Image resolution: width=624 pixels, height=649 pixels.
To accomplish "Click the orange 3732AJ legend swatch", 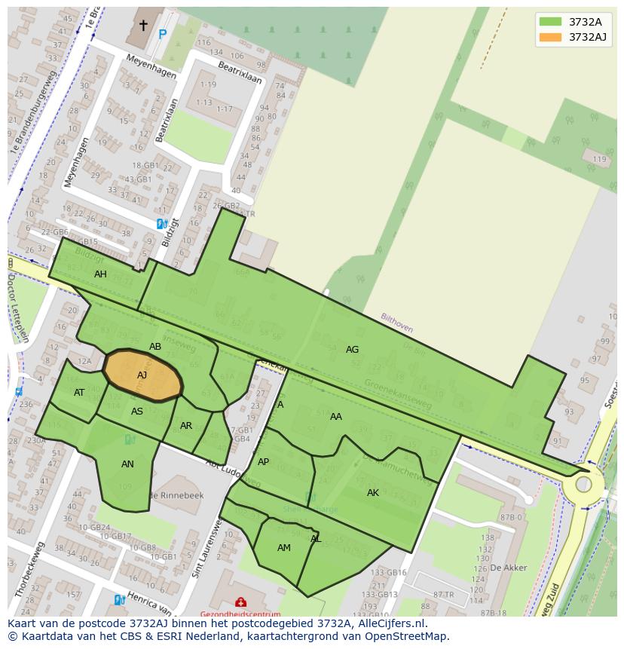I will [x=550, y=37].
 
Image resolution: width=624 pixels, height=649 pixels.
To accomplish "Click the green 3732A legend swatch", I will [x=550, y=22].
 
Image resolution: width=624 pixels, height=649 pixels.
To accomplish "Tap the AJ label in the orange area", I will [x=142, y=375].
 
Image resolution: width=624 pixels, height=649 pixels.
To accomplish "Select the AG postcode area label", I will [x=352, y=349].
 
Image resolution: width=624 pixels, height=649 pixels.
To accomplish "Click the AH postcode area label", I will [x=100, y=274].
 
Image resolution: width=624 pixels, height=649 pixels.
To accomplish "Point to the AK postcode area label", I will [x=373, y=493].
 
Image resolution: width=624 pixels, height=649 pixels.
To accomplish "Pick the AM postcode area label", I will [x=284, y=548].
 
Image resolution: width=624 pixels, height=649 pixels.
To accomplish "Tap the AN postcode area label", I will [x=127, y=464].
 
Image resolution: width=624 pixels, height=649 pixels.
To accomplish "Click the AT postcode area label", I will [x=79, y=393].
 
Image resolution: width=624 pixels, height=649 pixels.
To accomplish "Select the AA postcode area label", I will [x=336, y=417].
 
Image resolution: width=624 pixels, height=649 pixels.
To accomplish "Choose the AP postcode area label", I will [x=263, y=462].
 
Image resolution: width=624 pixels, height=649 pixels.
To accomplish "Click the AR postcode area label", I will [x=186, y=426].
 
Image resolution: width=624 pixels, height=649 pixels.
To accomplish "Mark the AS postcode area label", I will [x=137, y=412].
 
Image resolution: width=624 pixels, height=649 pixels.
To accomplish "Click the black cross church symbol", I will [x=143, y=26].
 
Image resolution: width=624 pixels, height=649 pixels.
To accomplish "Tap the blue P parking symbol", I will [x=162, y=34].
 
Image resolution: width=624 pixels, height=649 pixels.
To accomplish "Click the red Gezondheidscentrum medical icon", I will [x=240, y=602].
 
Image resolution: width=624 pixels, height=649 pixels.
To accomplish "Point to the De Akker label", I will [x=508, y=568].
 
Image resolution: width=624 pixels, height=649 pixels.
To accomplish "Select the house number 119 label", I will [x=599, y=159].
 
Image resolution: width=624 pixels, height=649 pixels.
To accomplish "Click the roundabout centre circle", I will [x=584, y=485].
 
